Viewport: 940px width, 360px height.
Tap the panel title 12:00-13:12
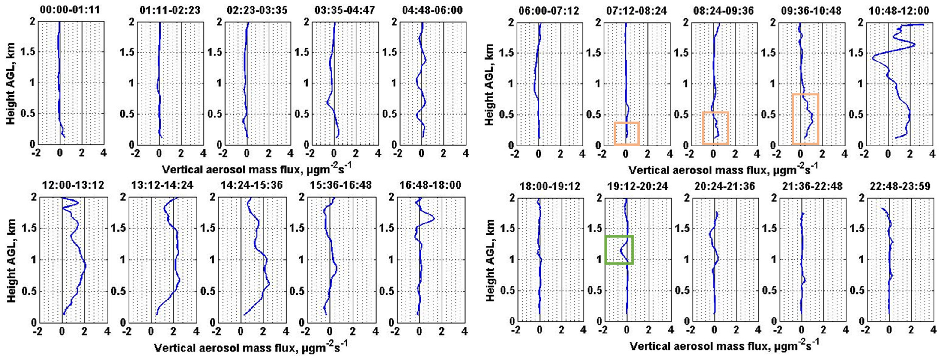(x=73, y=185)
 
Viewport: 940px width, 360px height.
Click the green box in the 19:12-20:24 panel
(x=619, y=250)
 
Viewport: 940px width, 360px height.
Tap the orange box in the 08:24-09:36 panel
(x=715, y=128)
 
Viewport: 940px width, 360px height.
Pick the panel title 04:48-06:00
(x=432, y=10)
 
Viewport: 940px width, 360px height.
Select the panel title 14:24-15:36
(x=251, y=185)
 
